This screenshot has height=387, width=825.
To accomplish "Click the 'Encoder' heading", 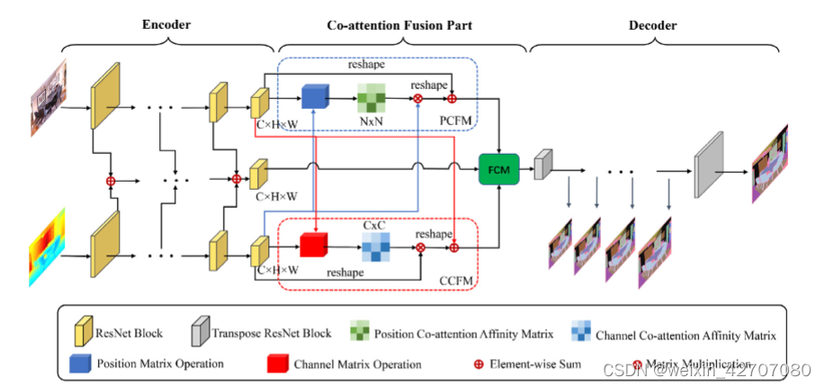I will pyautogui.click(x=166, y=26).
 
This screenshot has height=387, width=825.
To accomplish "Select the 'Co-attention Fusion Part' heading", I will pyautogui.click(x=399, y=26).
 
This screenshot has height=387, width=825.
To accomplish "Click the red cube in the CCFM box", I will pyautogui.click(x=311, y=244).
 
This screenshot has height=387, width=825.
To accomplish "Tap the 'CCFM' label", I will pyautogui.click(x=457, y=281).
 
